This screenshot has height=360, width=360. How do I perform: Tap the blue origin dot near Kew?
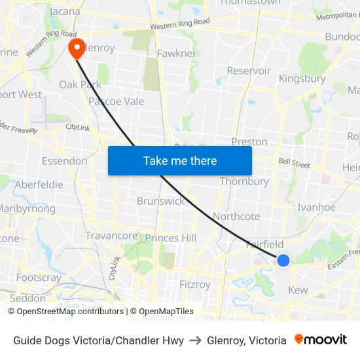(283, 261)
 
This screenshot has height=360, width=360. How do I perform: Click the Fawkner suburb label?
(177, 53)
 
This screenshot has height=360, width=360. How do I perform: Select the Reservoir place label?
(249, 71)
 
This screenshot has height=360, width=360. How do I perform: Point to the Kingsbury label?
(302, 79)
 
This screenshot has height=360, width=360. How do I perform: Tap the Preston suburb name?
(249, 141)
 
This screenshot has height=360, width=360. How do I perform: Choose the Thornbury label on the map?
(244, 181)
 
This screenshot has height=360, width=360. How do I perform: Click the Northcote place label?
(236, 216)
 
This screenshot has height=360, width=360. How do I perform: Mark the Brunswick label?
(161, 201)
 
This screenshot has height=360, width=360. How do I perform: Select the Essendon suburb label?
(64, 161)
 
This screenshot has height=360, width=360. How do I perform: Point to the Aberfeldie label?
(39, 185)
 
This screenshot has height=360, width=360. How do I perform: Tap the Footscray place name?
(39, 278)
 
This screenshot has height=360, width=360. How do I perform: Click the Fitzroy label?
(195, 285)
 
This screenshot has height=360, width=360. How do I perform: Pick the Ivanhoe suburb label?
(316, 207)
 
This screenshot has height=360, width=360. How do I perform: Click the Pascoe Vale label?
(116, 101)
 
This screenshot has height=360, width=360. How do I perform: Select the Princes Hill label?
(170, 238)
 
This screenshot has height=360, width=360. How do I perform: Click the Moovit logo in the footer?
(321, 340)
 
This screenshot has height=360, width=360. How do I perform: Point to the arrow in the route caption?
(195, 340)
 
